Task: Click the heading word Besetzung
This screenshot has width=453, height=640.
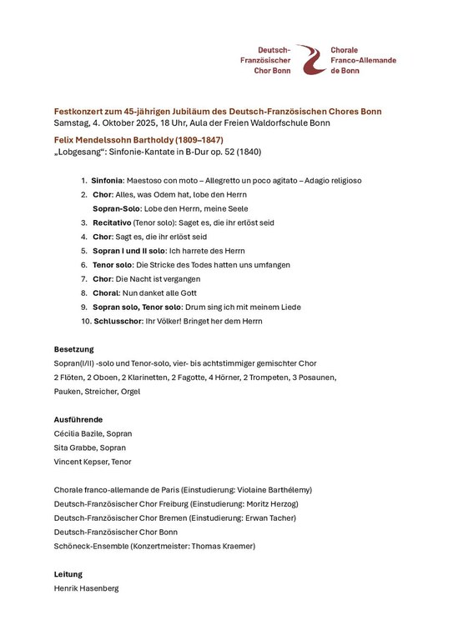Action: coord(73,349)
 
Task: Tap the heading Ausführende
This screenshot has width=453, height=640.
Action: coord(78,419)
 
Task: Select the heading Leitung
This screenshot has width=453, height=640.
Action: coord(68,574)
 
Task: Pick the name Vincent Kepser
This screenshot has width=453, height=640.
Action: coord(81,462)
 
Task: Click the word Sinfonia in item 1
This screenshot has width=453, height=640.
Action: coord(107,180)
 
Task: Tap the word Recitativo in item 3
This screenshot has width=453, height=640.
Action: coord(112,222)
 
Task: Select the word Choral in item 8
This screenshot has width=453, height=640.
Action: coord(105,293)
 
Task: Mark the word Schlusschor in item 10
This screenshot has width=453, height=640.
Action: coord(117,321)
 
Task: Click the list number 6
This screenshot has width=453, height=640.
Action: coord(84,265)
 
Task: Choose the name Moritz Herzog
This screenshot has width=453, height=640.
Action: coord(266,504)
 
